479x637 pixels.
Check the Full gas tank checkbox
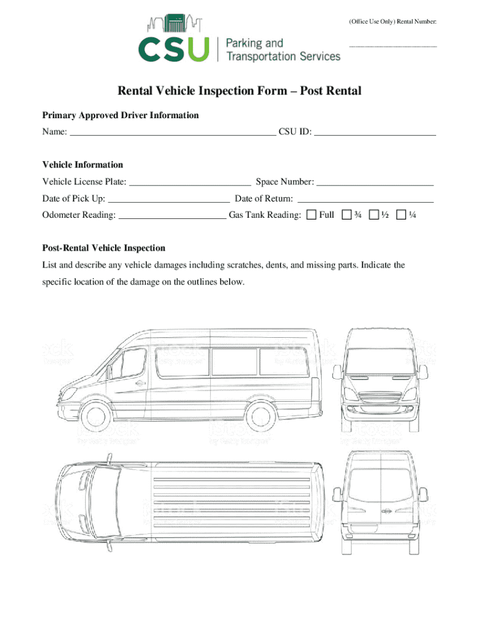311,215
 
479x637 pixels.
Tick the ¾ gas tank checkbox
346,215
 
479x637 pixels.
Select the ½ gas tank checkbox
373,215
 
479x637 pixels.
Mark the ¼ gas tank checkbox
401,215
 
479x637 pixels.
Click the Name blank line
172,133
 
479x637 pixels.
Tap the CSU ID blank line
375,133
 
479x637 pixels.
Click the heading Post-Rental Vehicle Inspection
104,248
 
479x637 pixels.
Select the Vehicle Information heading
83,165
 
